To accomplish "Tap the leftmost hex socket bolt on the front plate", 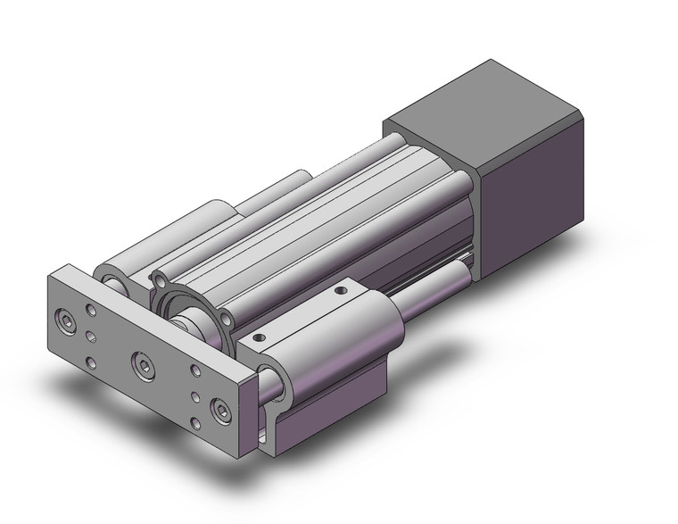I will click(64, 319).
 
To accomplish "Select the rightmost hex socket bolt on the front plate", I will click(219, 410).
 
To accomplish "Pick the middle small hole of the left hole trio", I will click(93, 337).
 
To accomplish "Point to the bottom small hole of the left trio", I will click(93, 362).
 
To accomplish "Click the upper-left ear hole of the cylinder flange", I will click(160, 281).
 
